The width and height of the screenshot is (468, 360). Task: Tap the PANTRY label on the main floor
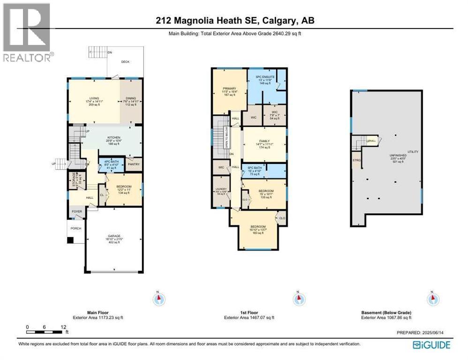[134, 165]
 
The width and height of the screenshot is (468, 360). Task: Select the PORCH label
[76, 228]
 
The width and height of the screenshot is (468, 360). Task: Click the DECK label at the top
[125, 62]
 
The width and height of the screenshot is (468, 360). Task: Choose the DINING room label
[130, 98]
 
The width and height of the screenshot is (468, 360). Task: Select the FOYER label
[76, 211]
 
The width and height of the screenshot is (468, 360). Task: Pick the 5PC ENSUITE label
[264, 76]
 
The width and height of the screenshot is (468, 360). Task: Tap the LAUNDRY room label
[220, 189]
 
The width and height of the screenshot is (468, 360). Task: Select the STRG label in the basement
[357, 159]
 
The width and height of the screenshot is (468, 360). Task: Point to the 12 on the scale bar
[63, 327]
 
